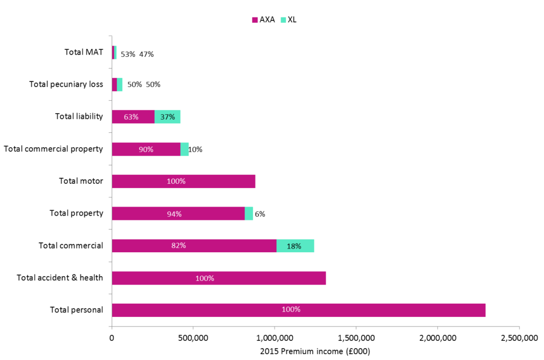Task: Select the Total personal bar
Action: [298, 310]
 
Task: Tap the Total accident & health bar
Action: [218, 278]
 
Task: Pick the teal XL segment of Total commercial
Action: [295, 246]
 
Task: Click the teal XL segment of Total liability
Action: [167, 117]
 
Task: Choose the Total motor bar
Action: [183, 181]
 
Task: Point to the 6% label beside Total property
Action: [260, 214]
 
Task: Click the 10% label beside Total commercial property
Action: [195, 150]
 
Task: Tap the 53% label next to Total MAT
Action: [128, 54]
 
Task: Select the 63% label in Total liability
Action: [131, 117]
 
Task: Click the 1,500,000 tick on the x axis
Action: [356, 338]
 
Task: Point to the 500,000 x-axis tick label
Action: [193, 338]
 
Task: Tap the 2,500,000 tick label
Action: [519, 338]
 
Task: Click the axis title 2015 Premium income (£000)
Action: [315, 351]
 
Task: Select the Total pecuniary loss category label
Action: [66, 84]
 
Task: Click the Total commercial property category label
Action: [53, 149]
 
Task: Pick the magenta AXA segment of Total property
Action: [178, 213]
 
